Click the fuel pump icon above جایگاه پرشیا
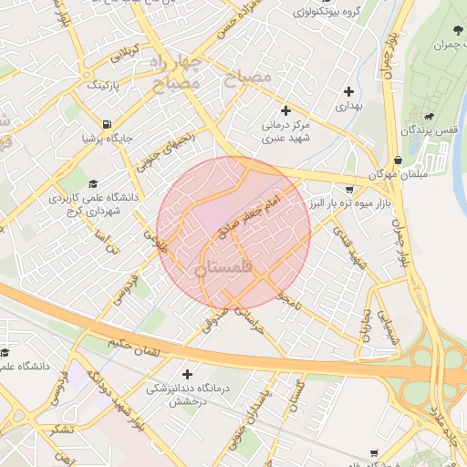pos(109,124)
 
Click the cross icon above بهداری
pos(349,91)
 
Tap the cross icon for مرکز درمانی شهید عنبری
pos(285,110)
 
